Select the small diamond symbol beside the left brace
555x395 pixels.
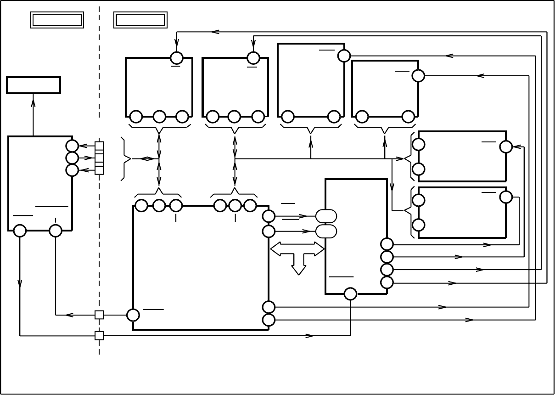tap(146, 159)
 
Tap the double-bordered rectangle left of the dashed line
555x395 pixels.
tap(57, 20)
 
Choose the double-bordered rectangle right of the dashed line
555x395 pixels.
tap(140, 20)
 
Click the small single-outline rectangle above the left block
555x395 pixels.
tap(34, 85)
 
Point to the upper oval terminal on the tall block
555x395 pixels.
tap(326, 216)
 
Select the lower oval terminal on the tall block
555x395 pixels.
tap(326, 231)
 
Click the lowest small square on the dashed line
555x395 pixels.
tap(99, 335)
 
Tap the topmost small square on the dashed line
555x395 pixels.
tap(99, 146)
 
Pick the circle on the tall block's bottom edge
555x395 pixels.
tap(350, 294)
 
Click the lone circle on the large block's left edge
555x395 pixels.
tap(133, 315)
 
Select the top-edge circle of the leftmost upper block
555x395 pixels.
tap(177, 58)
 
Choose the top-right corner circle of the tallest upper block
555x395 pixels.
tap(344, 56)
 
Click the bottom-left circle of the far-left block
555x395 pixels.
tap(20, 231)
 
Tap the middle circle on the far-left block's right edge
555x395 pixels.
tap(72, 158)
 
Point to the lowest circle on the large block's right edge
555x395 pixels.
tap(269, 320)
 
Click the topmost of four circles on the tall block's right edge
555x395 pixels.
tap(387, 244)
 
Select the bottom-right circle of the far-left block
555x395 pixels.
tap(56, 231)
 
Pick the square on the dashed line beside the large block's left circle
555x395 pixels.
tap(99, 315)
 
